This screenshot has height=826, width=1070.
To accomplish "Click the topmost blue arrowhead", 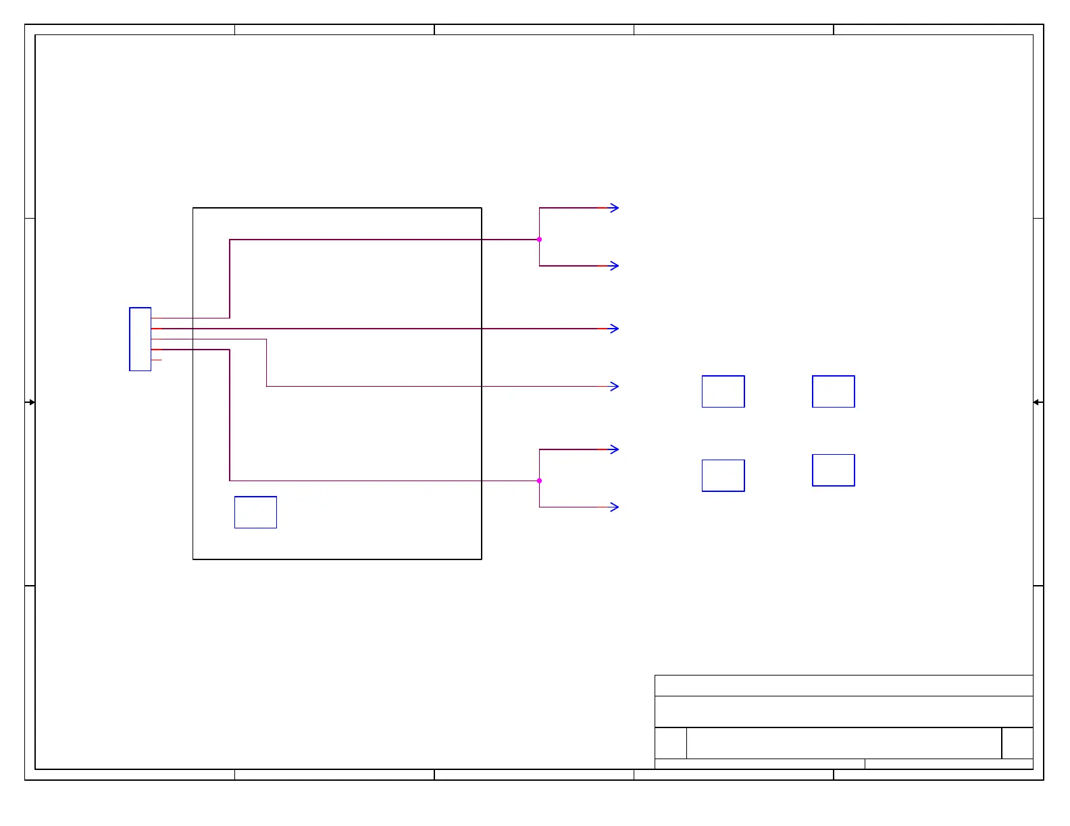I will pos(614,208).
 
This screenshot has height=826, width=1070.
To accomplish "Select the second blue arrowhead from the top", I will pos(614,266).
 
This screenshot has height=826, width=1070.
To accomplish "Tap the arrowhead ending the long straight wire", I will pos(614,329).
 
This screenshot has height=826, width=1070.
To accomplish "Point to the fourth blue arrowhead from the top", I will pos(614,387).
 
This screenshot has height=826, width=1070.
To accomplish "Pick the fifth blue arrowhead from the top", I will pos(614,449).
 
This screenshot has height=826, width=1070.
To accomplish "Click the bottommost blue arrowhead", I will pos(614,507).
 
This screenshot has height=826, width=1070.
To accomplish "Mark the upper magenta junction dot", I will pos(539,240).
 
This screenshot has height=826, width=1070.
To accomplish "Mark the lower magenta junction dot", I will pos(539,481).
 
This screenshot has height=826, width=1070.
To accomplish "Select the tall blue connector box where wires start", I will pos(140,339).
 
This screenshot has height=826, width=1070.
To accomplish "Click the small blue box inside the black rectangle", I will pos(255,512).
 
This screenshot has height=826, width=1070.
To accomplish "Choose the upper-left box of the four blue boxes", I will pos(723,391).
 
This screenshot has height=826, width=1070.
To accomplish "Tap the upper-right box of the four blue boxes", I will pos(833,391).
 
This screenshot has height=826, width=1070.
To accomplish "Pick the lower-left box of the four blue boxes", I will pos(723,476).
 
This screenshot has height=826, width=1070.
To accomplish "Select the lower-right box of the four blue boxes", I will pos(833,470).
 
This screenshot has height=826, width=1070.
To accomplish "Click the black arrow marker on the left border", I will pos(30,402).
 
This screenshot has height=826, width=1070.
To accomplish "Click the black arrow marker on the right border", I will pos(1038,402).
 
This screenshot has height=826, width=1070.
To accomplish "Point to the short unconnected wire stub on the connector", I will pos(157,360).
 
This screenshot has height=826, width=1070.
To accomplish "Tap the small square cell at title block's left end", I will pos(671,743).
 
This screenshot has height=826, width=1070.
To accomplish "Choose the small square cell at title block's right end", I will pos(1017,743).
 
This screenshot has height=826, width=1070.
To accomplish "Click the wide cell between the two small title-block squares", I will pos(844,743).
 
